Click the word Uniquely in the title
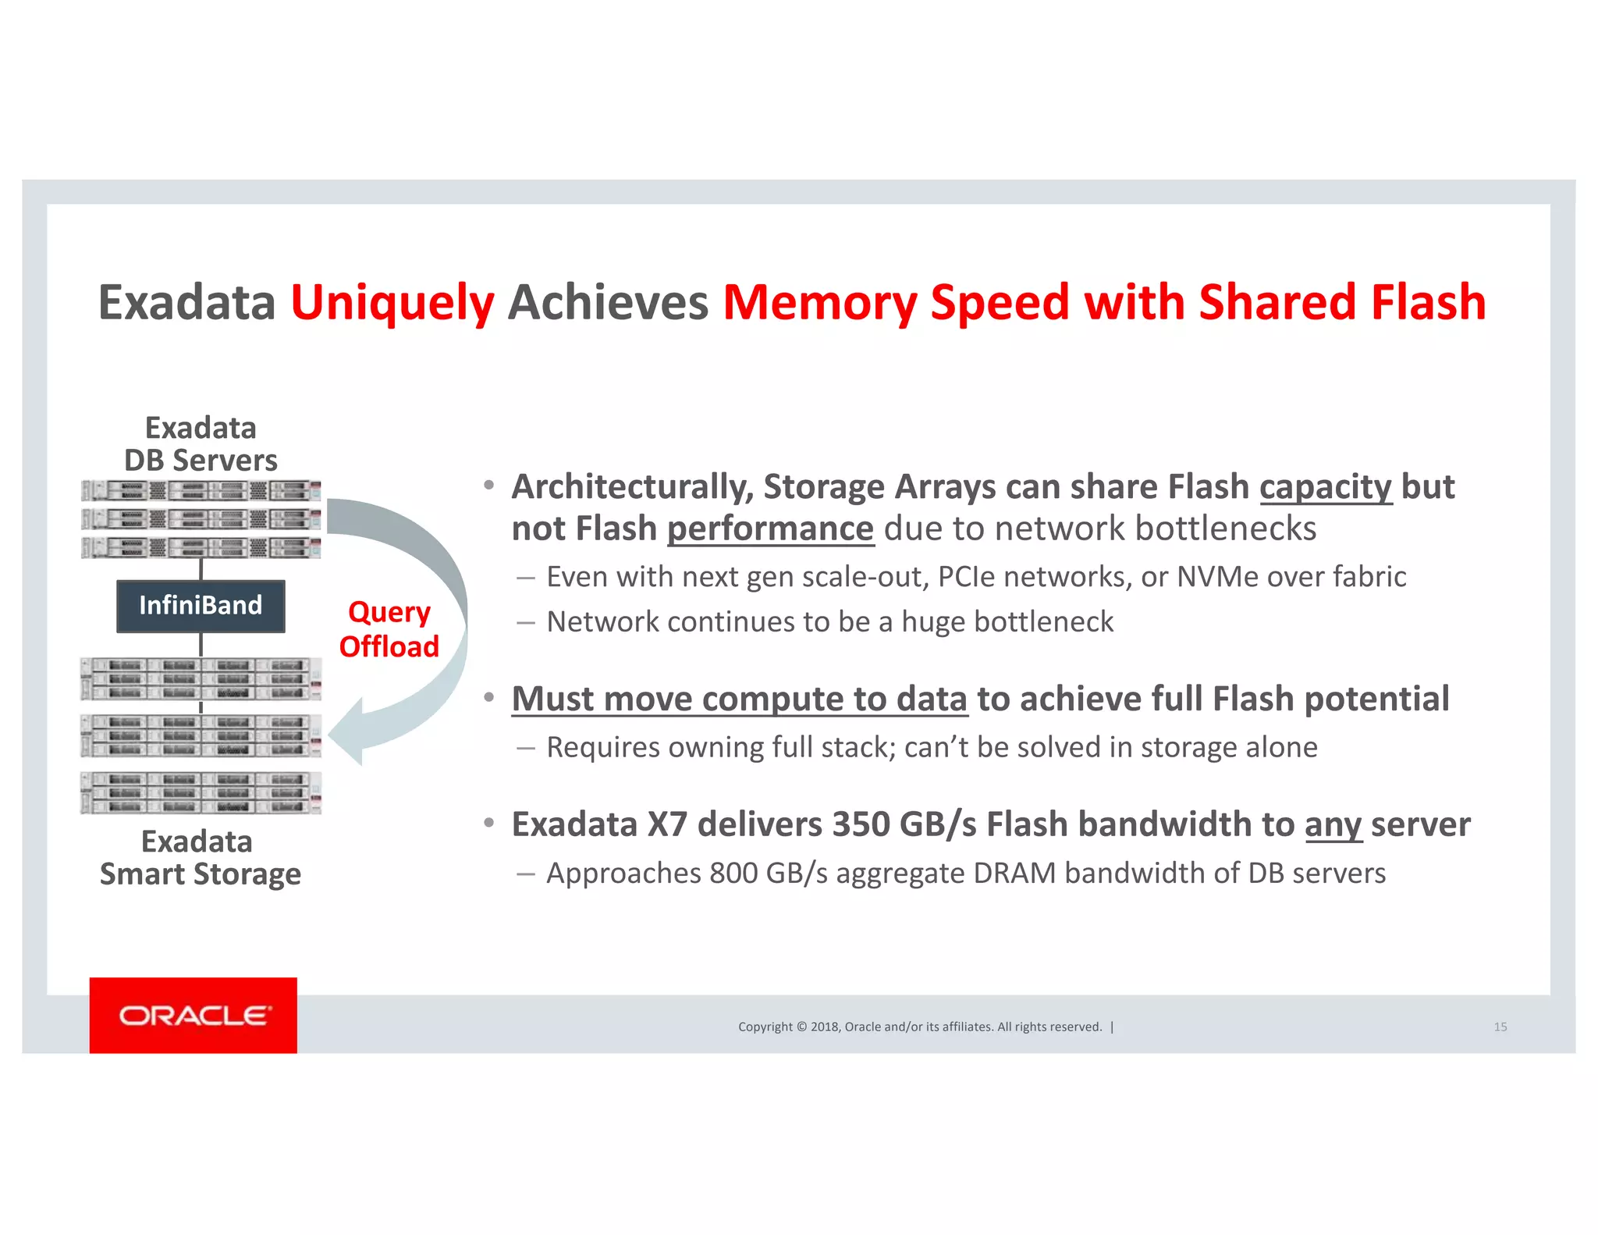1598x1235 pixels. click(x=392, y=303)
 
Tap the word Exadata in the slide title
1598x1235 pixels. click(x=186, y=303)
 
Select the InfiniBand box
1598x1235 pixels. click(x=201, y=606)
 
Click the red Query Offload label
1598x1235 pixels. click(x=389, y=629)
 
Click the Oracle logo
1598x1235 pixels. click(x=194, y=1016)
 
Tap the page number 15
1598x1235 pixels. click(x=1500, y=1027)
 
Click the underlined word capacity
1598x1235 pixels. click(x=1325, y=487)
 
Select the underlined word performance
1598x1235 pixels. click(x=770, y=529)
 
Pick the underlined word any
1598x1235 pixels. click(x=1333, y=824)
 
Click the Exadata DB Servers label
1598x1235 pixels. click(x=201, y=444)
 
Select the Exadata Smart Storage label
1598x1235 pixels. click(x=200, y=858)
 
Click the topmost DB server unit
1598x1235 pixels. click(x=201, y=491)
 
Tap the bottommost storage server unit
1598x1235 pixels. click(x=201, y=792)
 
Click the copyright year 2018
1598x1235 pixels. click(x=825, y=1027)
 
